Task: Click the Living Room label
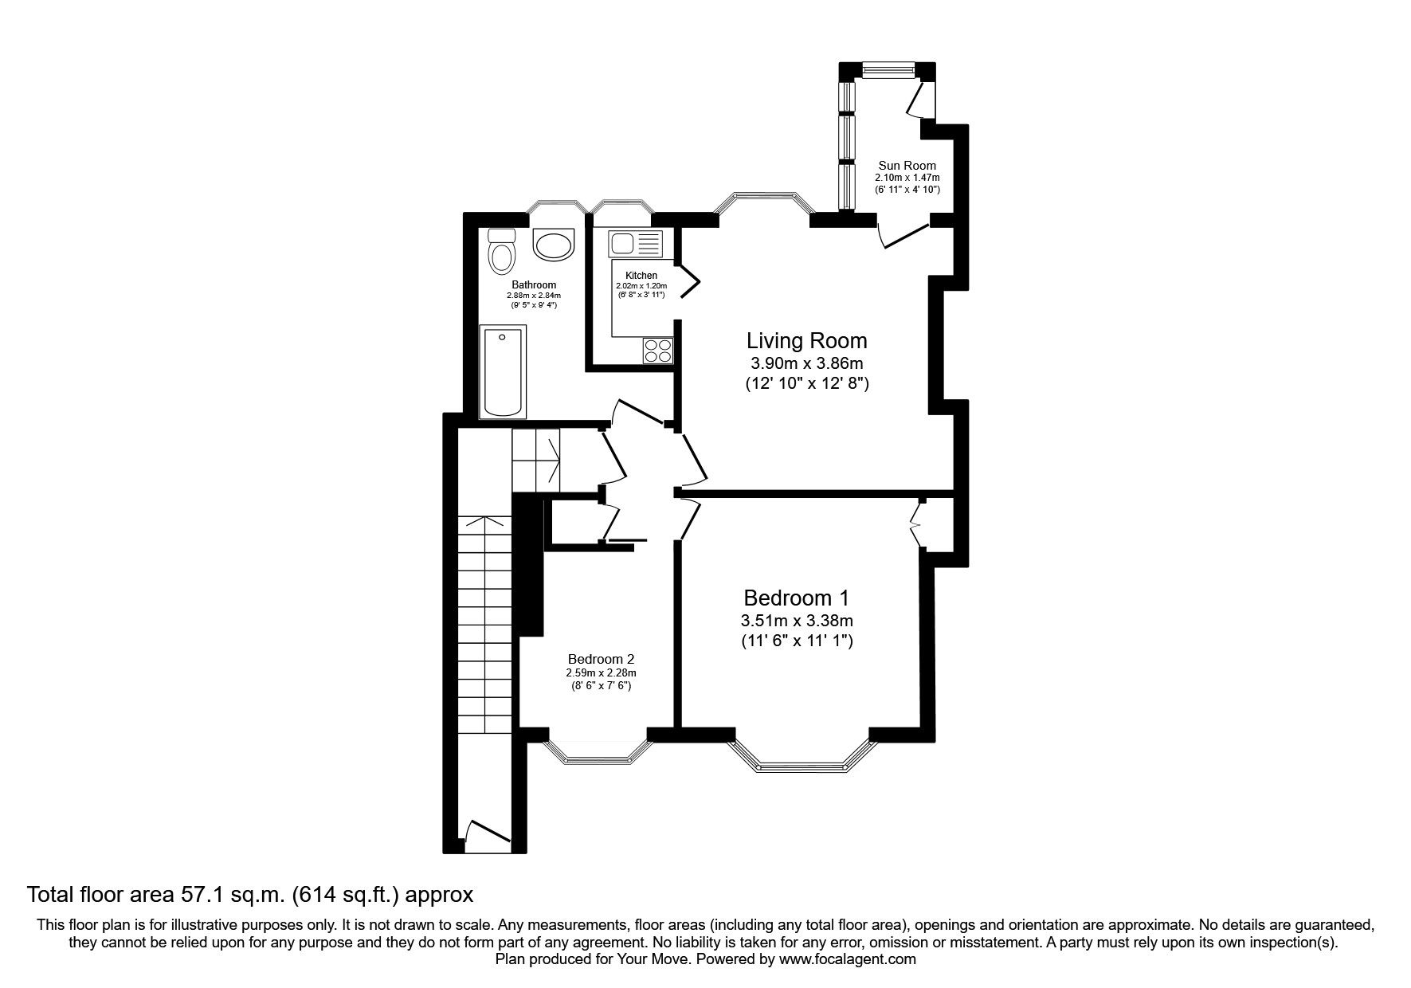point(806,341)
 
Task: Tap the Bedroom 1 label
point(796,598)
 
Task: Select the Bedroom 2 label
point(601,659)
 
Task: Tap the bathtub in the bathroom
point(502,370)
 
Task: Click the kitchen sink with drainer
point(635,243)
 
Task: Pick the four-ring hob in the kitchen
point(658,351)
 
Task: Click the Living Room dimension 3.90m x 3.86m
point(806,364)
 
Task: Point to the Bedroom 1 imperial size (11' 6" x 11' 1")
point(798,640)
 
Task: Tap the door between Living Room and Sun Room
point(904,236)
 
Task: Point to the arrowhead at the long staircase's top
point(484,522)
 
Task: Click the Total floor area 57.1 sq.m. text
point(250,895)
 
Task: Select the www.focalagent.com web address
point(848,960)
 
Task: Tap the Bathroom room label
point(534,284)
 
